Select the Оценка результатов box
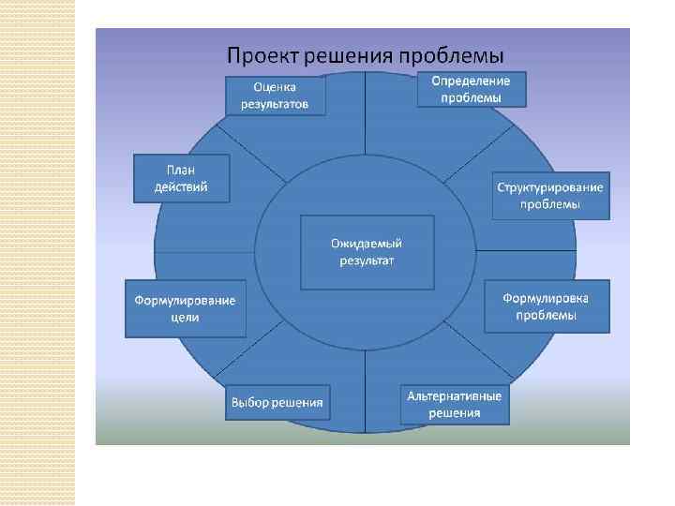coord(276,96)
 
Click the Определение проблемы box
coord(471,89)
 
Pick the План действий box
coord(181,178)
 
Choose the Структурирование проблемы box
coord(550,195)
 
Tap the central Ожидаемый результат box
coord(367,251)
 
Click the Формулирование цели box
coord(186,308)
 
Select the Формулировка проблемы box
coord(546,306)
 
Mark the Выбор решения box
coord(277,403)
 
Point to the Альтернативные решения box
coord(454,404)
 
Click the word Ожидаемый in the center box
coord(367,243)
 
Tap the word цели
coord(186,318)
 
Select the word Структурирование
coord(550,186)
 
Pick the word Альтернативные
coord(454,395)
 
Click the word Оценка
coord(276,87)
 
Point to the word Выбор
coord(250,403)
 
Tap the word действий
coord(181,186)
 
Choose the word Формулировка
coord(546,298)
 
